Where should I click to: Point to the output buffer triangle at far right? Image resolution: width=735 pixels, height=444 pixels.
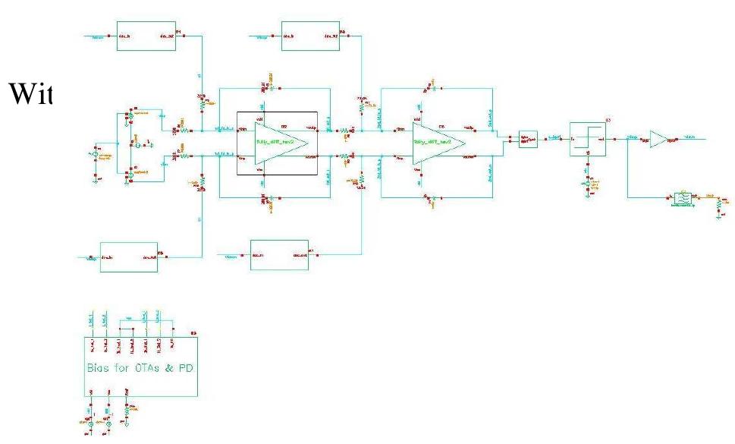[x=658, y=139]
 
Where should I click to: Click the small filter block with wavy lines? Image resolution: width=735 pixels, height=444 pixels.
[x=683, y=198]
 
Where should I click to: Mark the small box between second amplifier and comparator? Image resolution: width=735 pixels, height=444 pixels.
[x=528, y=139]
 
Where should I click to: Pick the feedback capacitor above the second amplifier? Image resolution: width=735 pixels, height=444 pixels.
[x=429, y=88]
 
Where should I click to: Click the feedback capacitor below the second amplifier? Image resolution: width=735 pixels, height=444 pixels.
[x=429, y=198]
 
